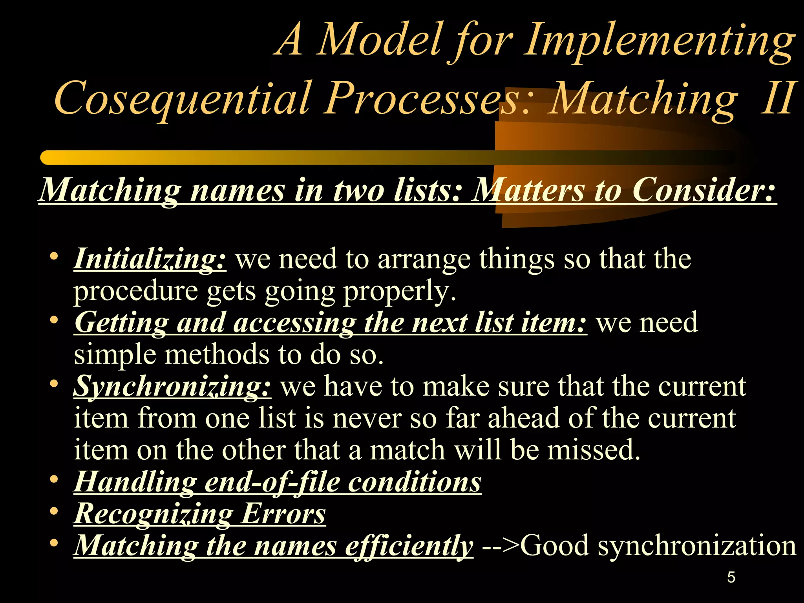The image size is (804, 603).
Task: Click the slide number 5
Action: coord(731,577)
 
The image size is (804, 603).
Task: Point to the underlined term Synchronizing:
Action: coord(172,386)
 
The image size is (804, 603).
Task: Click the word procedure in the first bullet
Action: coord(136,291)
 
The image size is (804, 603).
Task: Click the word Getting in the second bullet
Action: coord(121,323)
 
